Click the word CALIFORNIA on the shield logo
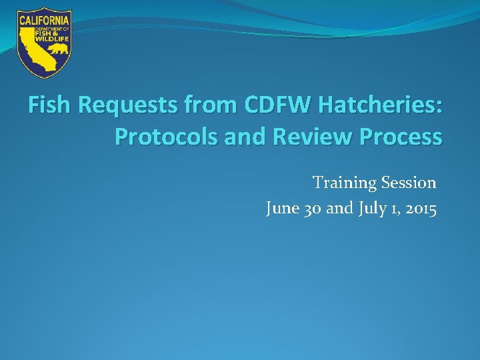tap(45, 20)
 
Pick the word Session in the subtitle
tap(409, 183)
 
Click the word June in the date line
tap(281, 209)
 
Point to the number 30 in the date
tap(313, 209)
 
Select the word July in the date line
tap(371, 209)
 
